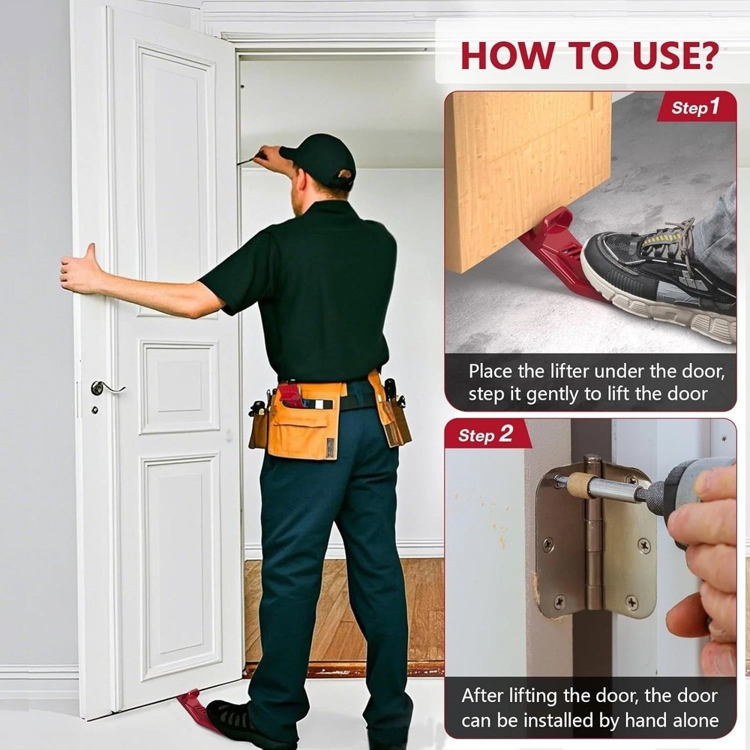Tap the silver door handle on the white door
click(105, 388)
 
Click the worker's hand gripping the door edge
click(79, 270)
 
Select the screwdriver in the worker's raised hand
click(250, 158)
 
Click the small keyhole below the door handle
click(95, 410)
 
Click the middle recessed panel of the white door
click(179, 387)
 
